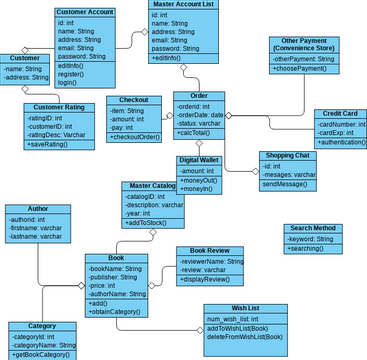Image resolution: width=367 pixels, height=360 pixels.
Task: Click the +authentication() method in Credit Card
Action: (340, 143)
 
